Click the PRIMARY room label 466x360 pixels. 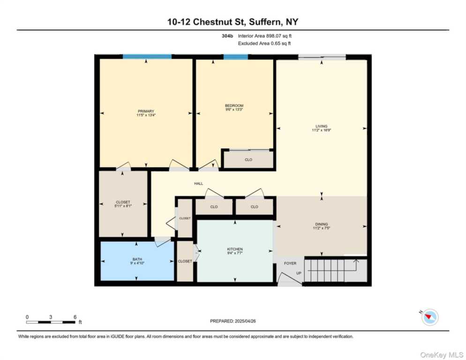tap(146, 111)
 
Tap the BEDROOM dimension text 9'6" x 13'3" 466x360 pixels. tap(234, 110)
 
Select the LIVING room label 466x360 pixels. tap(321, 126)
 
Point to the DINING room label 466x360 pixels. tap(321, 224)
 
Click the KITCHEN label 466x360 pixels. tap(234, 249)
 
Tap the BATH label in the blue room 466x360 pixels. tap(136, 259)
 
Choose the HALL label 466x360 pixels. tap(199, 183)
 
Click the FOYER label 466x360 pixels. tap(290, 263)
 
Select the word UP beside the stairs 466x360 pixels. tap(299, 273)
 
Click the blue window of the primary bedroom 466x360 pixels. tap(147, 57)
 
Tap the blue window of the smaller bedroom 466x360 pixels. tap(235, 57)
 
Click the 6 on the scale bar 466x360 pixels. tap(75, 317)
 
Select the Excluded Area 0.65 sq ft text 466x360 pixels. tap(264, 43)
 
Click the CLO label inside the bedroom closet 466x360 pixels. tap(248, 160)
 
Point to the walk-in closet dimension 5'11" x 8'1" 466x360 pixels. tap(122, 205)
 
